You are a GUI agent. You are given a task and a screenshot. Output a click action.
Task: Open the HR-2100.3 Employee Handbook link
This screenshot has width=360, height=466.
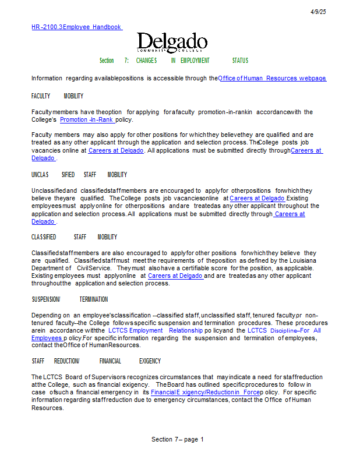click(x=76, y=27)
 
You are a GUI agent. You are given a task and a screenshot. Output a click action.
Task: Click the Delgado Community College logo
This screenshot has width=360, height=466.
click(x=172, y=43)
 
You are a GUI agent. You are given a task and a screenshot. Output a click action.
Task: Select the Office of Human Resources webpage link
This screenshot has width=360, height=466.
click(x=272, y=78)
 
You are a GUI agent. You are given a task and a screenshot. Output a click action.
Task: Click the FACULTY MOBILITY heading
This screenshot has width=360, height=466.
click(x=57, y=96)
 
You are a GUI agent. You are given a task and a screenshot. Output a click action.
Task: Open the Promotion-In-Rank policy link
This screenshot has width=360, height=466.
click(x=87, y=120)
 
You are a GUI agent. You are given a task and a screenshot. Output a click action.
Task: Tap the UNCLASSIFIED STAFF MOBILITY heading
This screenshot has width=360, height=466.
click(x=79, y=175)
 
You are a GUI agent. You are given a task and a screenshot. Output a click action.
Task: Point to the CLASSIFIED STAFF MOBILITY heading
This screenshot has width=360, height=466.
click(x=74, y=237)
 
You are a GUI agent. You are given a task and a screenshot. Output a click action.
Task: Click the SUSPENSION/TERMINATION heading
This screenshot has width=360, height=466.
click(x=69, y=299)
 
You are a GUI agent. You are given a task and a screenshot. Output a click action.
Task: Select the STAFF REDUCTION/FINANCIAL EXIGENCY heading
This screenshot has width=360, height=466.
click(x=96, y=361)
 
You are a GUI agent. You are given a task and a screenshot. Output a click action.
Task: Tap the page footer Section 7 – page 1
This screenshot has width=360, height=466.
click(x=178, y=439)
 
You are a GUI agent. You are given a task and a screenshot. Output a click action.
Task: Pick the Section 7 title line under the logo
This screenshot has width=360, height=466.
click(x=174, y=61)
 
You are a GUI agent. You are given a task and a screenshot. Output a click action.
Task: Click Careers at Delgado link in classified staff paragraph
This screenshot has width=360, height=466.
click(x=175, y=276)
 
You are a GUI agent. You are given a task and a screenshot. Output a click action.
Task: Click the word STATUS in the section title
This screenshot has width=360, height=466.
click(x=240, y=61)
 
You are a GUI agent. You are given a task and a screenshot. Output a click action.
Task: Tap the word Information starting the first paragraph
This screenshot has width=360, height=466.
click(x=46, y=78)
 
